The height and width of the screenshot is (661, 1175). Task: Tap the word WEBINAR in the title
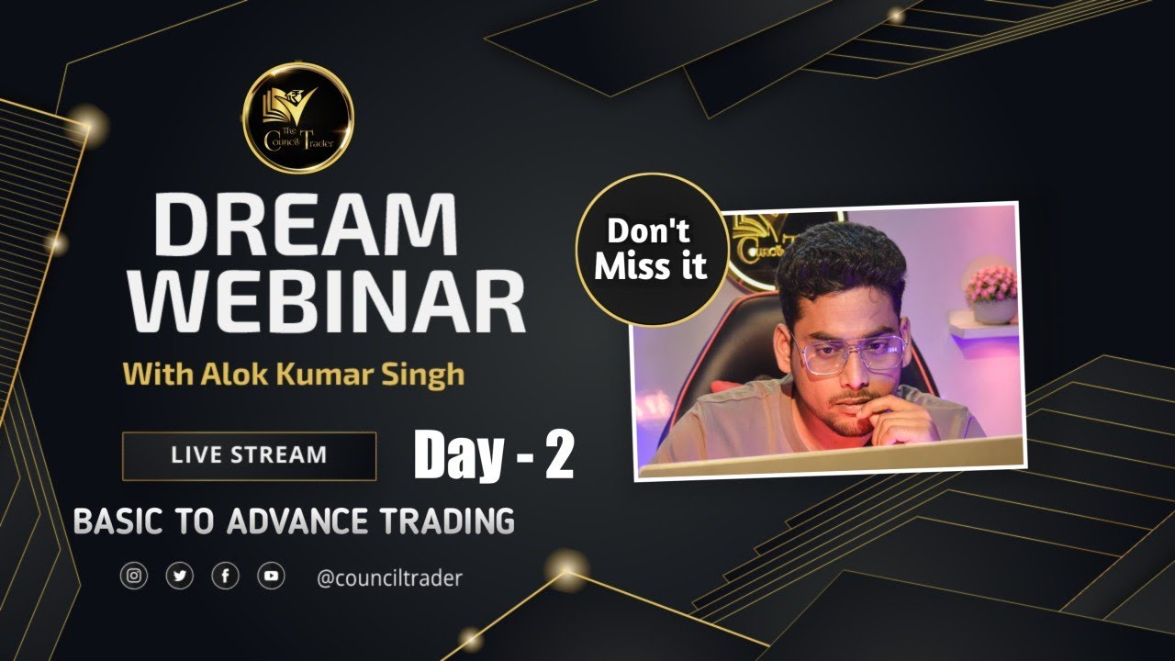(x=328, y=302)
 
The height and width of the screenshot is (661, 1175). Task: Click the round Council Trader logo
(x=298, y=118)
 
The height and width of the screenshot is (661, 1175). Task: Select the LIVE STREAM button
(x=249, y=455)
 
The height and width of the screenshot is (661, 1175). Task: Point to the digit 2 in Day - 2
(x=558, y=455)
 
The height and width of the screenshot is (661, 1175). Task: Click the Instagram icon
(x=134, y=577)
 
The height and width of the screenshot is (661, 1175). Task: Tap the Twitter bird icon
(x=180, y=577)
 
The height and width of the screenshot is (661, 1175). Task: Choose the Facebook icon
(x=225, y=577)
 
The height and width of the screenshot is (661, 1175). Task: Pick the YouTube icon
(x=271, y=577)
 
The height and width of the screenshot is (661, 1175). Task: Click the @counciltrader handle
(x=389, y=577)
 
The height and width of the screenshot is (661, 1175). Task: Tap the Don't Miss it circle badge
(x=652, y=250)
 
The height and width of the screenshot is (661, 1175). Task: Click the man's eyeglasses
(x=850, y=353)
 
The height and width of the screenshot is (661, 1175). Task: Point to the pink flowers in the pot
(x=991, y=283)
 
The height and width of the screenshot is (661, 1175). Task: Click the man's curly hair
(x=840, y=262)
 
